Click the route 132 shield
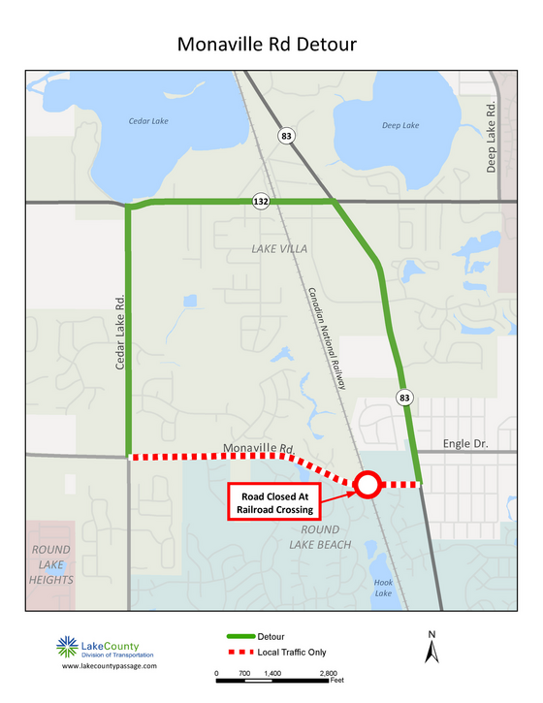coord(261,202)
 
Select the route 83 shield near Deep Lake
coord(285,137)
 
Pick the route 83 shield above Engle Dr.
coord(402,396)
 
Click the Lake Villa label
coord(279,249)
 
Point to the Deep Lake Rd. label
coord(492,137)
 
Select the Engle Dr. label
coord(464,444)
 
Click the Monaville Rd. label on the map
coord(258,448)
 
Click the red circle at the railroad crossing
coord(367,484)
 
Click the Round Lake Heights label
coord(50,563)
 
